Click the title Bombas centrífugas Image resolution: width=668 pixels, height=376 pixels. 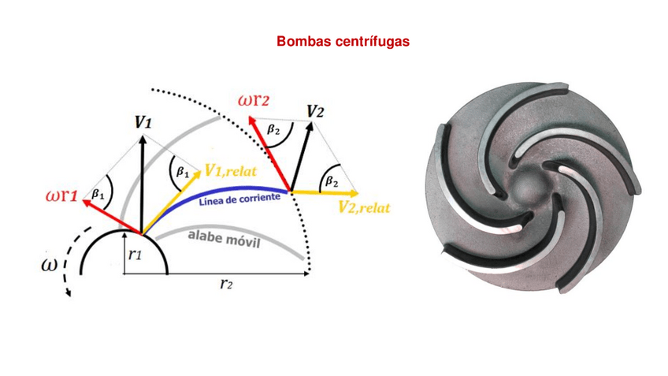(343, 41)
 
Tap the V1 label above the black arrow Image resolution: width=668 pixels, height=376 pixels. (143, 122)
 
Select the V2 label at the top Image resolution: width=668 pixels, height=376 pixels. (315, 111)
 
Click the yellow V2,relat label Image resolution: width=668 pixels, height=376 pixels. (364, 207)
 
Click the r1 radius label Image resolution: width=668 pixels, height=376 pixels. (134, 255)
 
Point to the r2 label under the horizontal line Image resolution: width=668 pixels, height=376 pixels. (226, 284)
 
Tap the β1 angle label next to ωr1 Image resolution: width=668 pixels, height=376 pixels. (98, 192)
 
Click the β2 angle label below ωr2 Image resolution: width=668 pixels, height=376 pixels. (273, 131)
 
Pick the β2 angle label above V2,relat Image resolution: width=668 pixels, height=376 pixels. (332, 181)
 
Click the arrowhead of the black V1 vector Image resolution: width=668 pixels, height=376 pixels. (143, 137)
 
